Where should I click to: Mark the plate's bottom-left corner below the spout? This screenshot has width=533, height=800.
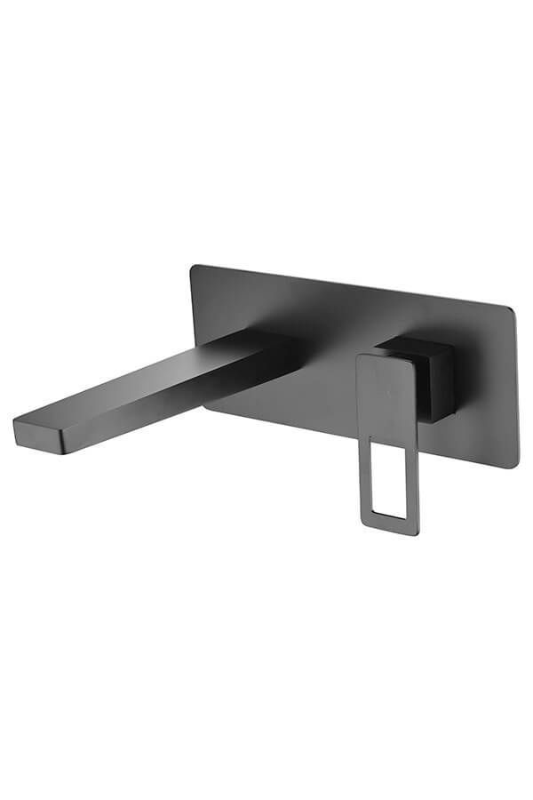coord(208,410)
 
